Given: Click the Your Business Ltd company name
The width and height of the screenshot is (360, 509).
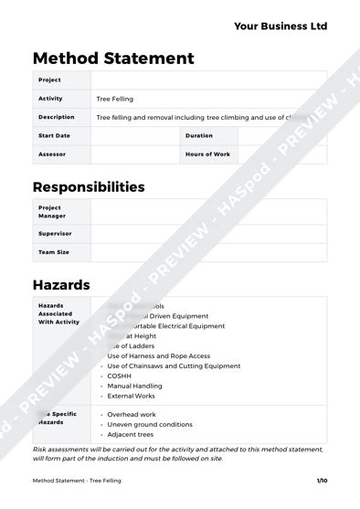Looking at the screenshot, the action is [x=281, y=27].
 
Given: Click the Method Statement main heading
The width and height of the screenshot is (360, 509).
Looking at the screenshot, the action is [x=113, y=58].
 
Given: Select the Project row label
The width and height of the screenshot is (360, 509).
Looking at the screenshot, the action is [x=49, y=80].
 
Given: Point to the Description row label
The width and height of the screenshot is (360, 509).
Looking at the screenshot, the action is [x=57, y=117].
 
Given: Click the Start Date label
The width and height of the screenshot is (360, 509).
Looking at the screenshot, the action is [x=54, y=135].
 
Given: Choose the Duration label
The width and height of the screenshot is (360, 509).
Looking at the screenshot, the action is [x=198, y=135].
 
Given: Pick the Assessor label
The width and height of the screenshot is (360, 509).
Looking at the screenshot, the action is [x=52, y=154].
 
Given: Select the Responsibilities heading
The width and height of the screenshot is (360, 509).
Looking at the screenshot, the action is [x=89, y=186].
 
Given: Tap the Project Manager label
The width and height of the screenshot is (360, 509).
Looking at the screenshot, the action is [x=50, y=211].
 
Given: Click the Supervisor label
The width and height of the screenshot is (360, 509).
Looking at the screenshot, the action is [x=55, y=233].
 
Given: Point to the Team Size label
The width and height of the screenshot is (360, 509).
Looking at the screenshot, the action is [x=54, y=251].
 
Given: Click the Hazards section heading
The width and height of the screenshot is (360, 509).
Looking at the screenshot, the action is [x=61, y=284].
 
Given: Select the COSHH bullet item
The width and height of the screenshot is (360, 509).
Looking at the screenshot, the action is [x=120, y=376].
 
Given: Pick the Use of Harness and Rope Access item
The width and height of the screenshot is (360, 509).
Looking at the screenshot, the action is [x=159, y=355].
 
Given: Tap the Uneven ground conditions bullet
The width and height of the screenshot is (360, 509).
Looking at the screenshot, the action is [x=150, y=424].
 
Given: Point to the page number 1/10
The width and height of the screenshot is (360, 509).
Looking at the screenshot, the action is [x=322, y=481].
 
